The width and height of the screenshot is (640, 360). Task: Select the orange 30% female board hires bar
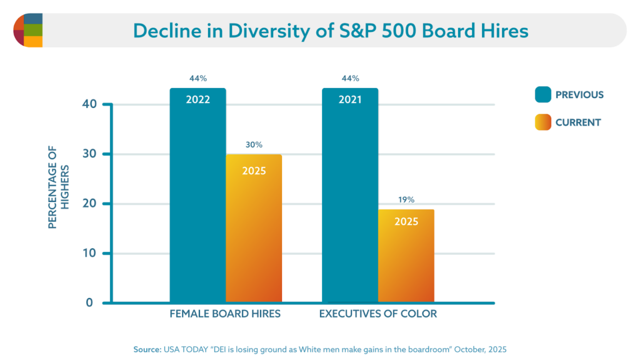pyautogui.click(x=254, y=231)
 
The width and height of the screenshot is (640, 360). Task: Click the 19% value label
pyautogui.click(x=406, y=201)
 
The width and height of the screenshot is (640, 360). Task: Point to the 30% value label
pyautogui.click(x=254, y=145)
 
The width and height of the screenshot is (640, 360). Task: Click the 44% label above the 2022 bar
pyautogui.click(x=197, y=79)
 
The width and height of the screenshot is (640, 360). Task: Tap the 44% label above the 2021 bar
pyautogui.click(x=350, y=79)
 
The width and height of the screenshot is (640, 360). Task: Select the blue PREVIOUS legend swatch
pyautogui.click(x=542, y=95)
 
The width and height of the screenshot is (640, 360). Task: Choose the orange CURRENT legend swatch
pyautogui.click(x=542, y=122)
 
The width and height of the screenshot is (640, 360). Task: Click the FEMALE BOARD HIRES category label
pyautogui.click(x=225, y=314)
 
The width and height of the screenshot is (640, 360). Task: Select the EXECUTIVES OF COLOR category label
pyautogui.click(x=378, y=314)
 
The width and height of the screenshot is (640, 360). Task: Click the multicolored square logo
pyautogui.click(x=28, y=30)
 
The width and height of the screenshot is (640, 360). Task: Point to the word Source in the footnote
pyautogui.click(x=147, y=349)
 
